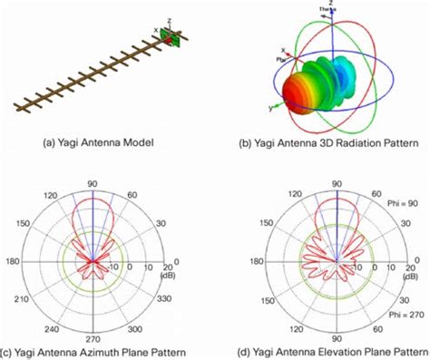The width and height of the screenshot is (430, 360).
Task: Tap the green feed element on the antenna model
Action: [180, 39]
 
